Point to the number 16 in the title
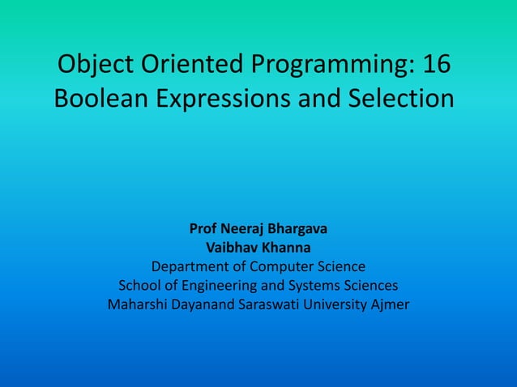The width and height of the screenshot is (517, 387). click(433, 64)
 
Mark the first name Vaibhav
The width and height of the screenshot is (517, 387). click(233, 247)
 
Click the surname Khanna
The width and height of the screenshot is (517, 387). click(286, 247)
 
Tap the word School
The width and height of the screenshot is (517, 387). click(139, 286)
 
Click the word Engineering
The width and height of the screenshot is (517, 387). click(216, 286)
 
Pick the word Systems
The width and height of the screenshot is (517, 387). click(309, 286)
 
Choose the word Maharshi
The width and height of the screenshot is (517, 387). click(138, 305)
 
